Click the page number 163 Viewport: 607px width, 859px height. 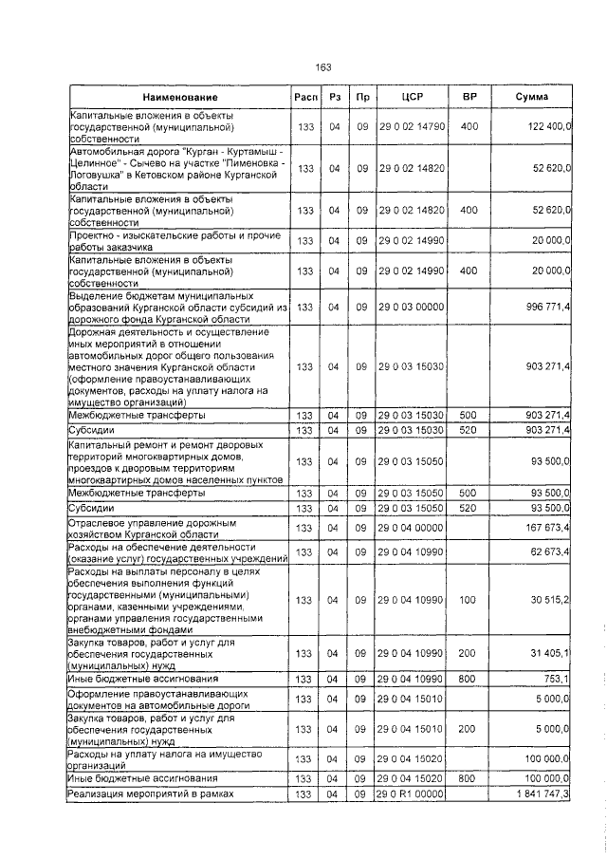(322, 66)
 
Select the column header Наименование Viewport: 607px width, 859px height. (180, 98)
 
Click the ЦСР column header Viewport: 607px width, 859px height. (412, 98)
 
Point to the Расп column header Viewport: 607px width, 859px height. (305, 98)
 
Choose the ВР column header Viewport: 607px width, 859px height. (469, 98)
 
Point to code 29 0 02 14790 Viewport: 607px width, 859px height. (412, 126)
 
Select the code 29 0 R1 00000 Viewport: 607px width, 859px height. (412, 820)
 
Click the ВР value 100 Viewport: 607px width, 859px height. (469, 600)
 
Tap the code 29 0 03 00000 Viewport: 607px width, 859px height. (412, 308)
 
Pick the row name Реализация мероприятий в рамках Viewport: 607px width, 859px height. (151, 820)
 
